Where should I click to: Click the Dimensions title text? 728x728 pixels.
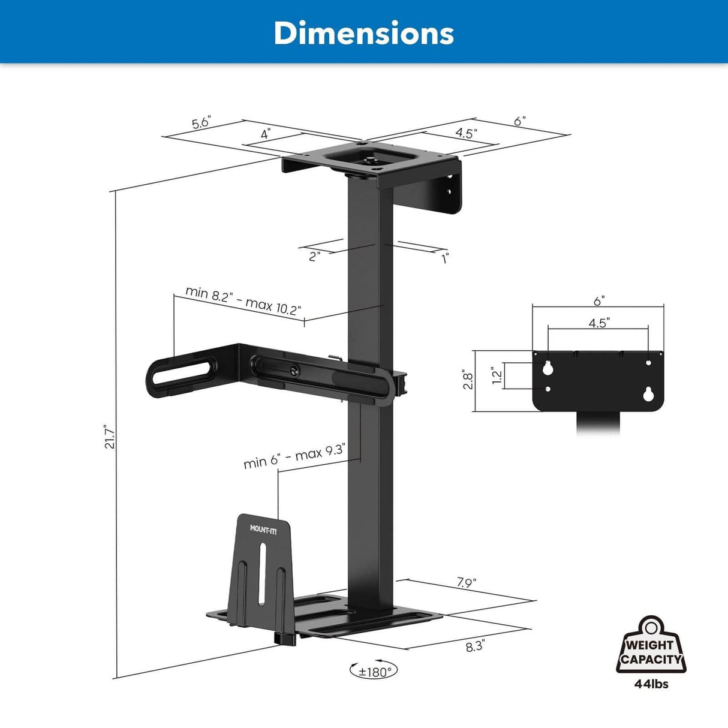(x=363, y=33)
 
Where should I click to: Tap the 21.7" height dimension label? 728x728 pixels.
(x=109, y=437)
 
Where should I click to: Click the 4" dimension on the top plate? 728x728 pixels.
(x=265, y=134)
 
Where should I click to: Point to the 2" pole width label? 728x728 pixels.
(x=314, y=257)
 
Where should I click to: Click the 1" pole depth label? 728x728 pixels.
(x=445, y=259)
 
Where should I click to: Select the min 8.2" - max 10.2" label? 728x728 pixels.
(x=243, y=300)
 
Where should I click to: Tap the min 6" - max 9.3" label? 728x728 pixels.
(x=294, y=457)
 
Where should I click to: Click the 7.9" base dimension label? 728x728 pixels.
(x=466, y=582)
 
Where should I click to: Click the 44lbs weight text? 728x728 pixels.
(x=651, y=684)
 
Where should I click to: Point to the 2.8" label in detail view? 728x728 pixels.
(x=468, y=381)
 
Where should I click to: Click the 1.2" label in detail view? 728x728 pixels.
(x=497, y=377)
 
